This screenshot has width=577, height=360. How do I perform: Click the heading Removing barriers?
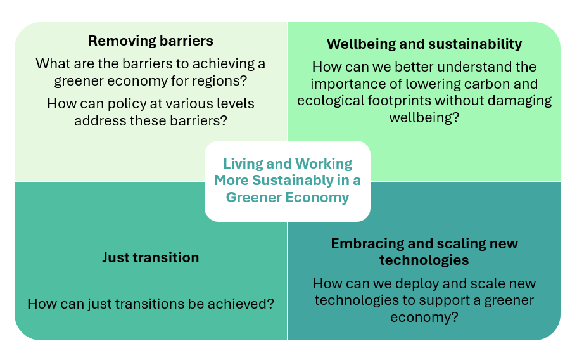tap(151, 41)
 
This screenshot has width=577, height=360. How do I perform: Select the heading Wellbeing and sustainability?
tap(424, 44)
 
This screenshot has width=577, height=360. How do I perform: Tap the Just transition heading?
tap(151, 257)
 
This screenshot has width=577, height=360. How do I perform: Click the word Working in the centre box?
tap(320, 164)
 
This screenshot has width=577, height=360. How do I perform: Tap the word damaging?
tap(517, 100)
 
